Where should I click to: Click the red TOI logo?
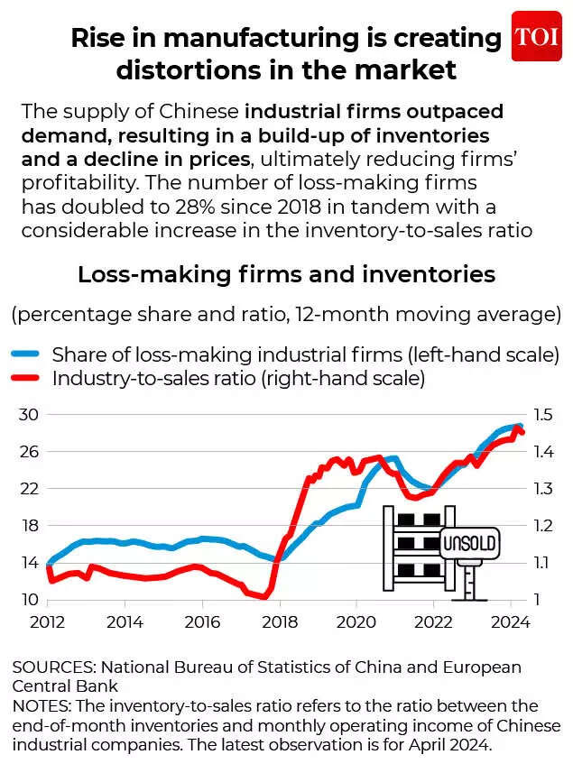point(536,36)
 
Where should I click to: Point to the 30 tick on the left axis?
point(30,414)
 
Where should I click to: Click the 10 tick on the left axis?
point(30,600)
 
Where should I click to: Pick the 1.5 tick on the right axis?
point(543,414)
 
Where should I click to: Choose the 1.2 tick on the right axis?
point(543,526)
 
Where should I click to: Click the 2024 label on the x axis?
point(511,622)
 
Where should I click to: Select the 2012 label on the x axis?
point(48,622)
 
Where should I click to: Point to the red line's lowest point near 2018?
point(264,597)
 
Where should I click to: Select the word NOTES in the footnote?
point(40,705)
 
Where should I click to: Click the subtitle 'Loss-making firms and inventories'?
point(286,274)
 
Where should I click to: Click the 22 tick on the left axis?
point(30,489)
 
